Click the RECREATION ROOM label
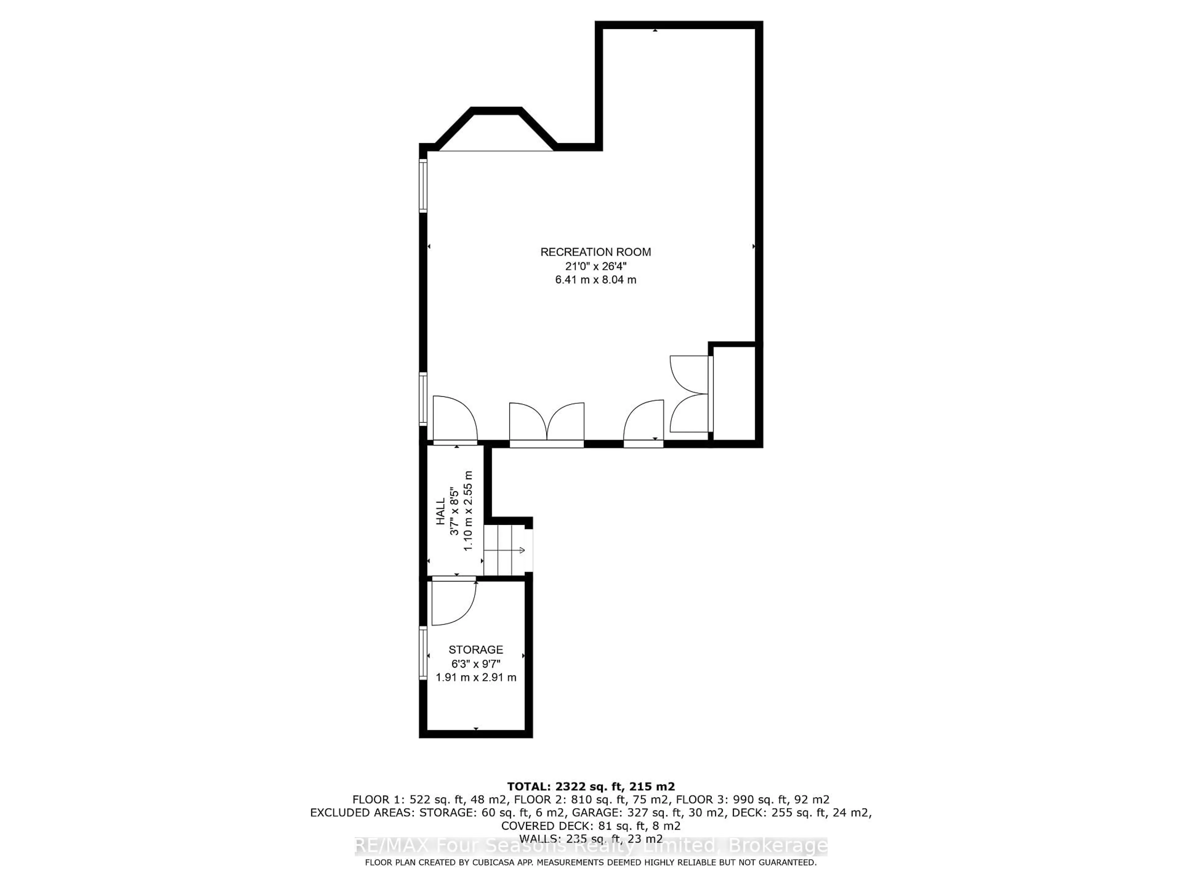tap(595, 252)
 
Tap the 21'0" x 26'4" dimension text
tap(595, 266)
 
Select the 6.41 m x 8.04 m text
tap(595, 280)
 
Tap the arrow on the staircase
tap(521, 550)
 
